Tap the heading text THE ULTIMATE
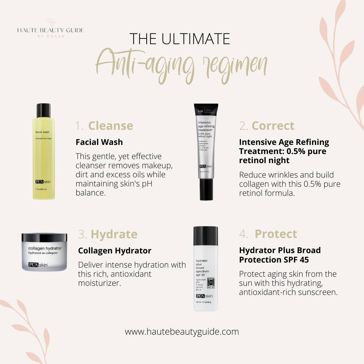(x=180, y=39)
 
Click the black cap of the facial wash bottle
(x=43, y=111)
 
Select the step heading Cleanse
(x=111, y=126)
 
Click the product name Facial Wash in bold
(x=99, y=142)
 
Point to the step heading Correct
(x=273, y=126)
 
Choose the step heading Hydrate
(x=114, y=234)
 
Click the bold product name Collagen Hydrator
(x=115, y=251)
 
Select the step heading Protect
(x=276, y=234)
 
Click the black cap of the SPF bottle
(x=206, y=236)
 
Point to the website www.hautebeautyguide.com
(x=182, y=332)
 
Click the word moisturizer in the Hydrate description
(x=99, y=283)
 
